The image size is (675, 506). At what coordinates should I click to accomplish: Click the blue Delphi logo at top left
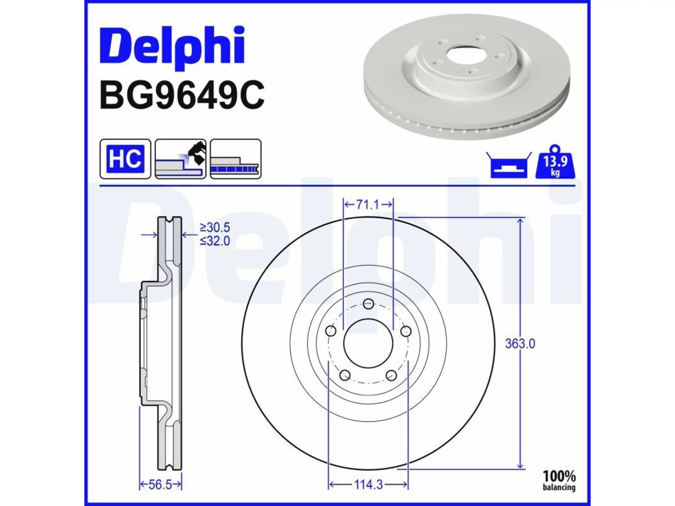click(x=172, y=47)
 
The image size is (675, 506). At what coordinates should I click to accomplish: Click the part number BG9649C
click(x=182, y=95)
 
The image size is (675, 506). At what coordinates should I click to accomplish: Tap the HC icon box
click(x=126, y=159)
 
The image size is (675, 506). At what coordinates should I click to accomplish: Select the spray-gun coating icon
click(x=180, y=159)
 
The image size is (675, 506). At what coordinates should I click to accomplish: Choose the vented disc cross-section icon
click(x=236, y=159)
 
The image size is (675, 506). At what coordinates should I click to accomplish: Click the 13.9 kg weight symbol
click(x=555, y=162)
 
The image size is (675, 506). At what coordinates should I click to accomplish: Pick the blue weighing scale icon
click(x=509, y=165)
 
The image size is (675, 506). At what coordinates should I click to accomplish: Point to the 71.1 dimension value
click(x=368, y=205)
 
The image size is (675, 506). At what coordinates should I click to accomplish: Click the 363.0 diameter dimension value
click(x=520, y=344)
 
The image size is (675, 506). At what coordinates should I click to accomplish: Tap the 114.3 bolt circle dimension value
click(x=369, y=485)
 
